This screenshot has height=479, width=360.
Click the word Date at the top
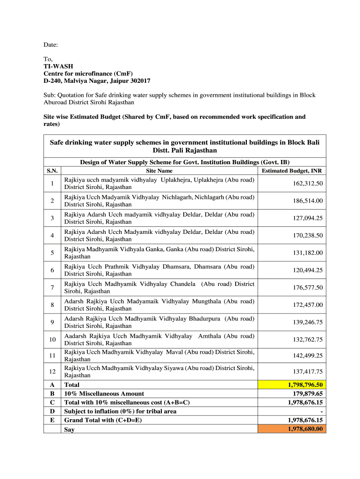(x=50, y=45)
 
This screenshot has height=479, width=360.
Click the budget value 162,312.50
(x=308, y=183)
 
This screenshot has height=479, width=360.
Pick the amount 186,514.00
(x=308, y=201)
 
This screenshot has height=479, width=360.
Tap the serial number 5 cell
(x=52, y=253)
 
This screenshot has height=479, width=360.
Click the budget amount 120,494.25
(x=308, y=270)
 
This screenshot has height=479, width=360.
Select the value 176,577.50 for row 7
(x=308, y=288)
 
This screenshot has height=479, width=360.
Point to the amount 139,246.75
(x=308, y=322)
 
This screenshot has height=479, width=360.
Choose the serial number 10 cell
(x=52, y=340)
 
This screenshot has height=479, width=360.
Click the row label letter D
(x=52, y=411)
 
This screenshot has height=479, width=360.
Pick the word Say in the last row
(x=69, y=429)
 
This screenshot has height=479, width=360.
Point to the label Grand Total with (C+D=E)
(x=103, y=420)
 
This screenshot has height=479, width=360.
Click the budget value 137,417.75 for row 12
(x=308, y=372)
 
